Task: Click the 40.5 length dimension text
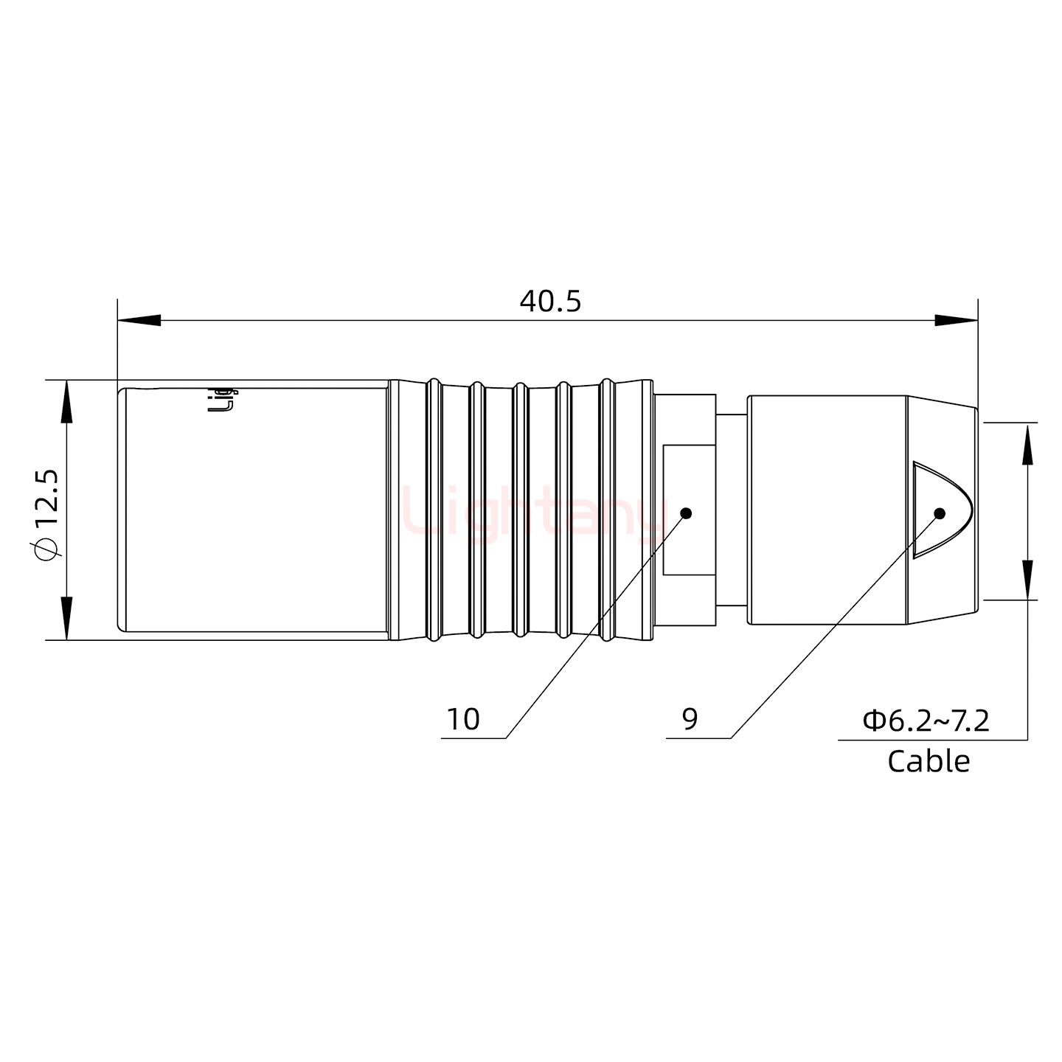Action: (550, 301)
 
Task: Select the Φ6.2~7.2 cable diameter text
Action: (926, 720)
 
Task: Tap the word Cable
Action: (928, 761)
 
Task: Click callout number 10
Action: (463, 719)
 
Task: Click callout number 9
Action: (690, 719)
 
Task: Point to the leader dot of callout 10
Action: (686, 513)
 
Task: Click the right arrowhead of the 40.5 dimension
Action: (956, 321)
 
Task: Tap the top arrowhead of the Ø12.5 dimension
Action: (67, 401)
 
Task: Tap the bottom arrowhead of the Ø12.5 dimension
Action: (67, 618)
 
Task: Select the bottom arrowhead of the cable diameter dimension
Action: (1027, 580)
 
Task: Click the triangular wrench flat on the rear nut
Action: (937, 509)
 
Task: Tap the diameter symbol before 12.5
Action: (46, 549)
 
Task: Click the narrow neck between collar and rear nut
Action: (731, 510)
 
